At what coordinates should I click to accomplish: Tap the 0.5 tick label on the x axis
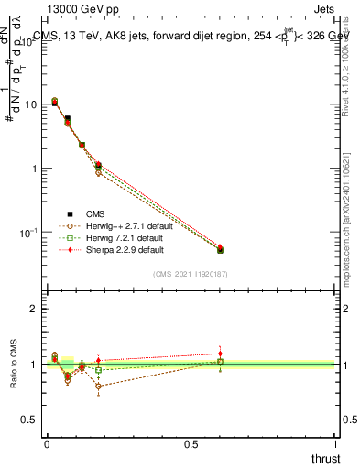click(191, 443)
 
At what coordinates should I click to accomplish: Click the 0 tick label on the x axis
click(47, 443)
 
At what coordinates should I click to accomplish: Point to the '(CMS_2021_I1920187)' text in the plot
click(191, 274)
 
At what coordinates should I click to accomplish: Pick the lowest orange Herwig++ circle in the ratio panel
click(98, 386)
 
